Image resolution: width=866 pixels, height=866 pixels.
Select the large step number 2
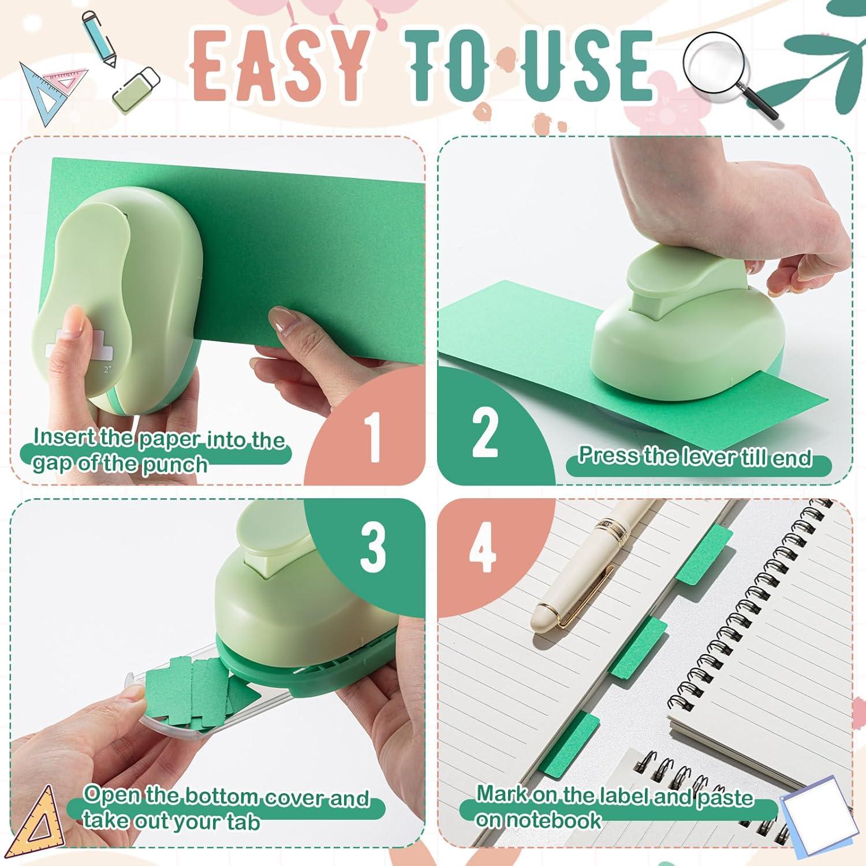pos(485,430)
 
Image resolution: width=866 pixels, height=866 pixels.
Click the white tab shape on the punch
pos(72,347)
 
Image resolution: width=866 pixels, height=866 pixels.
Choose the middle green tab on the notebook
pos(639,647)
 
